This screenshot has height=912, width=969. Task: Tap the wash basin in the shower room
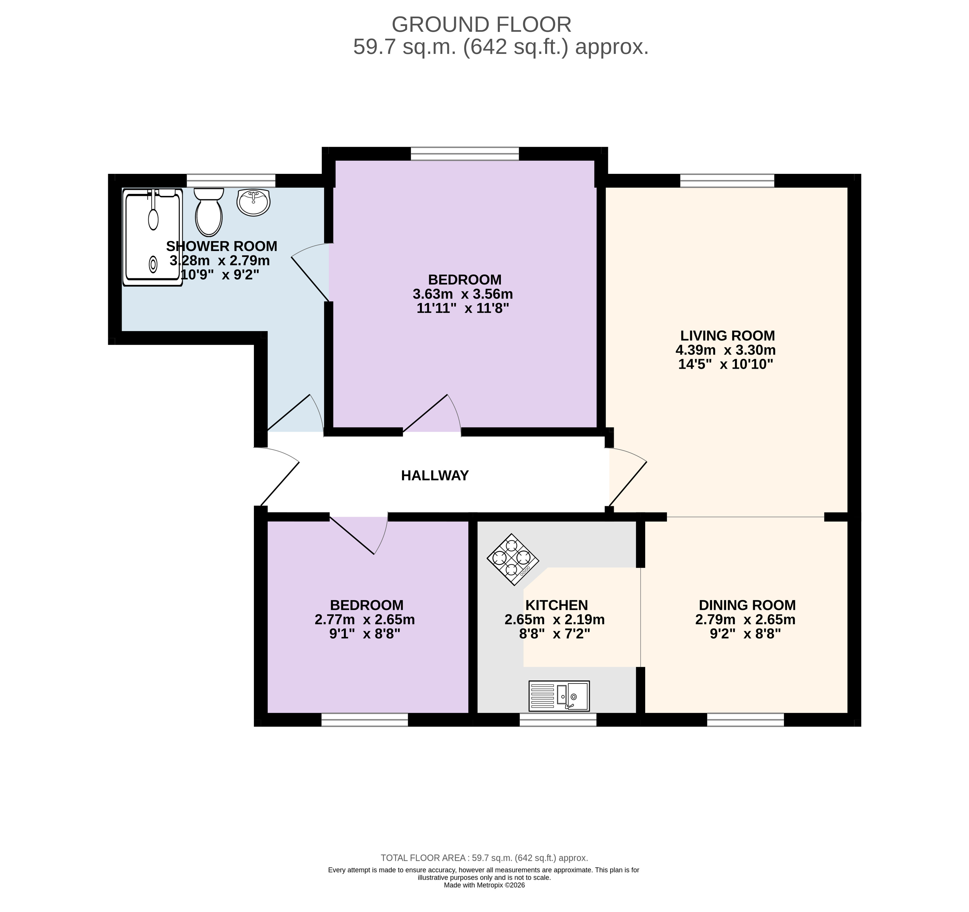click(x=253, y=202)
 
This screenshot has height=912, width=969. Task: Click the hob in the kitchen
click(x=513, y=560)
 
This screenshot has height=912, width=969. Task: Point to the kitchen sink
click(x=559, y=696)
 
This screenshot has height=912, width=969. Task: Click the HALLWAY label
click(x=435, y=476)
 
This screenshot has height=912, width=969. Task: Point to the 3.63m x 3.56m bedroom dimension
click(x=463, y=294)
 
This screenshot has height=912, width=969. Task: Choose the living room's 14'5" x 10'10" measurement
click(x=726, y=364)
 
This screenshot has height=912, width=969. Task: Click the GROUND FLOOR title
click(x=482, y=24)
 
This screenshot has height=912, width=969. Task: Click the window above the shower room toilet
click(x=231, y=181)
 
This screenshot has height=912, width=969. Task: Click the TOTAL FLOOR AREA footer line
click(x=485, y=858)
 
